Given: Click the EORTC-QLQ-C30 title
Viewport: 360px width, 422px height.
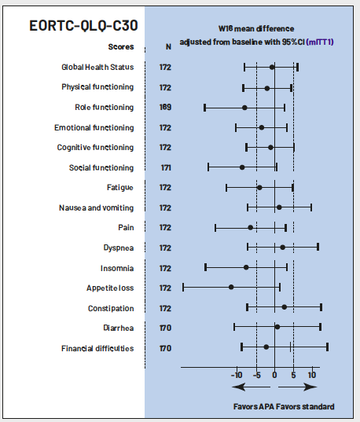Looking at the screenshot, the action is (x=83, y=26).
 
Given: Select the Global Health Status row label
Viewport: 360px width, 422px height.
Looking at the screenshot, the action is (x=97, y=67).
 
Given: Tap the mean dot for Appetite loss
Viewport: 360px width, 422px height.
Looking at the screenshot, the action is (x=231, y=287).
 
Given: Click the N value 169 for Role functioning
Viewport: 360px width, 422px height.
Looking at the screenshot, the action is (x=165, y=107).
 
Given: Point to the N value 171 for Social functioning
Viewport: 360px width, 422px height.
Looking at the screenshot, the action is (x=166, y=167).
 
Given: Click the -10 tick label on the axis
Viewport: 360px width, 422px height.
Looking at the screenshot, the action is (x=237, y=375).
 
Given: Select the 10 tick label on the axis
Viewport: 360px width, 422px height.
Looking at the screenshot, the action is (x=312, y=375).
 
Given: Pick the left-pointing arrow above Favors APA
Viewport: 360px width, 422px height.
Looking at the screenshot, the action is (x=251, y=387).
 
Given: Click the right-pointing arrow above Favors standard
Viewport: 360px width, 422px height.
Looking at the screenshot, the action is (x=298, y=387).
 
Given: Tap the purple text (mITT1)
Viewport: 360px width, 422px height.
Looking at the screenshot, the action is (x=320, y=42).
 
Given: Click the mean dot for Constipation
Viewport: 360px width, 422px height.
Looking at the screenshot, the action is (x=284, y=307).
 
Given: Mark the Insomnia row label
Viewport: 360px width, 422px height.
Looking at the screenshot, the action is (x=117, y=268).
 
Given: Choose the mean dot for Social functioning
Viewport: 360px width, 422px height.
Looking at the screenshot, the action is (x=242, y=167).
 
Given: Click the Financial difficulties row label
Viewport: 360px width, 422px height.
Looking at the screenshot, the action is (x=97, y=349).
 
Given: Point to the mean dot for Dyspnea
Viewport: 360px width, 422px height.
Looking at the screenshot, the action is (x=282, y=247).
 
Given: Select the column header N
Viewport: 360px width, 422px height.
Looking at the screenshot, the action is (x=168, y=47).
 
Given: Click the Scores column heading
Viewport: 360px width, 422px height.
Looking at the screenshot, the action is (x=121, y=47).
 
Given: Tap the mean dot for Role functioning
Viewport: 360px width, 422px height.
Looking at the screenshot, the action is (x=244, y=108).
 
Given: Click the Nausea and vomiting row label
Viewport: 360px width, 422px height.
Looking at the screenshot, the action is (x=96, y=207).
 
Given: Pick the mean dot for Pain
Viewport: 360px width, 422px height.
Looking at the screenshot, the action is (x=251, y=228).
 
